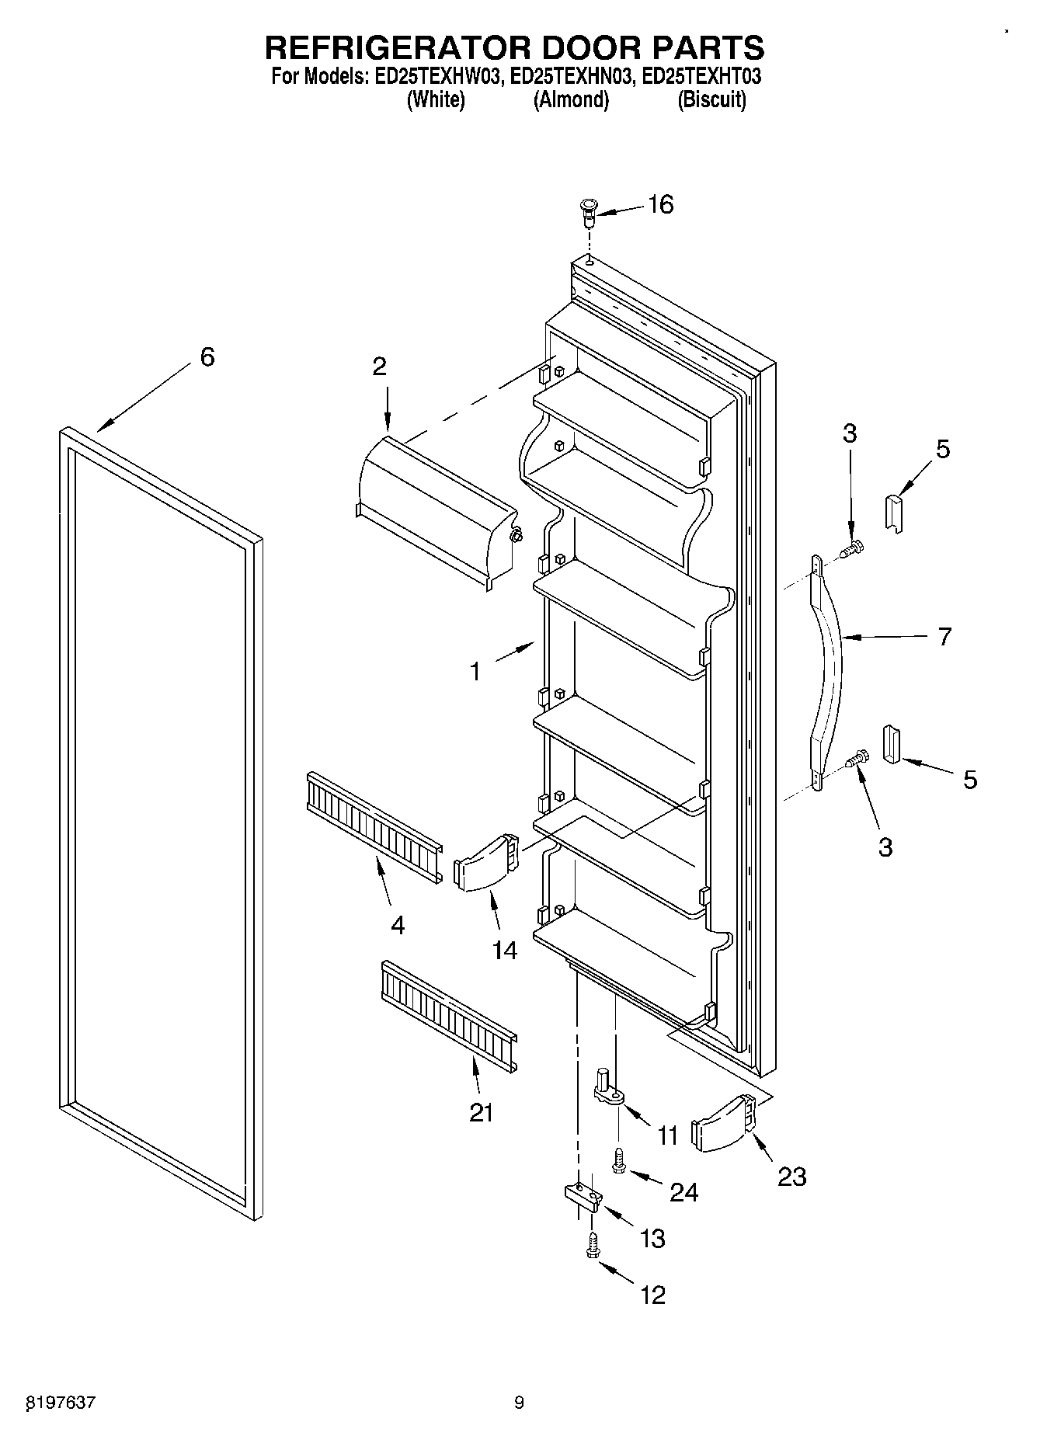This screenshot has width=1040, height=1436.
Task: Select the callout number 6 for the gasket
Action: point(207,357)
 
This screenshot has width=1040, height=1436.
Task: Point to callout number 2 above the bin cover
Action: point(379,367)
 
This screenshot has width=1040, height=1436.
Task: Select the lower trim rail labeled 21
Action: point(447,1016)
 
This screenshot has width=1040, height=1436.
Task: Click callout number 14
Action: point(505,949)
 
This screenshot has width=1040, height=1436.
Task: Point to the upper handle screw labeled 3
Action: point(854,548)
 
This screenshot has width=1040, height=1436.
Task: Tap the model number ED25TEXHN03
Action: point(567,78)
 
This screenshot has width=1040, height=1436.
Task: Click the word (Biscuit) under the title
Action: point(711,100)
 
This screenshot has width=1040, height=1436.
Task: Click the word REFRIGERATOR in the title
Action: point(397,48)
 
